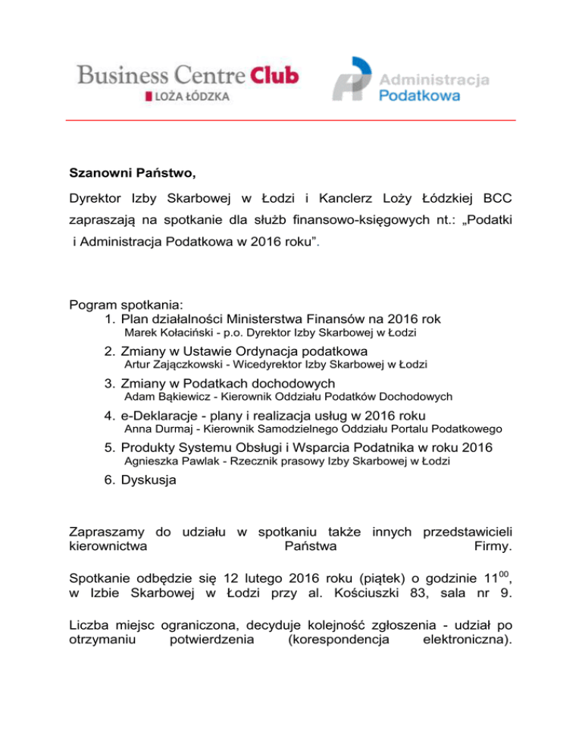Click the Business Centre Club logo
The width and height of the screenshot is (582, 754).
(x=187, y=76)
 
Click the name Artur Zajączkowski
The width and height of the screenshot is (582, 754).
(x=172, y=365)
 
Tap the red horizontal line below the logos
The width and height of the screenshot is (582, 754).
(x=290, y=120)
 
